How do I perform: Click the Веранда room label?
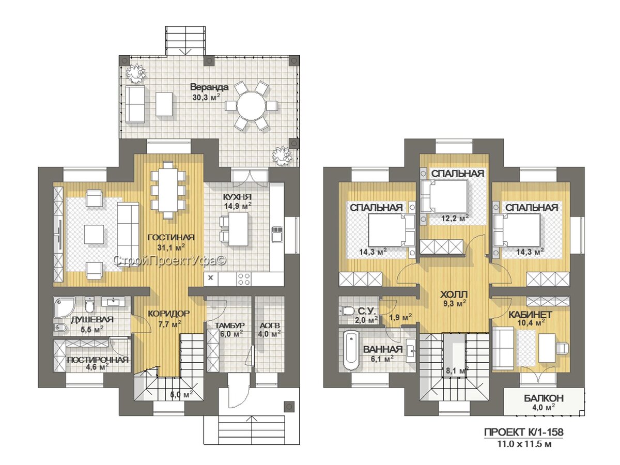coord(209,87)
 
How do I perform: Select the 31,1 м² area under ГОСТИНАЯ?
coord(171,247)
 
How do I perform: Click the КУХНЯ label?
coord(237,197)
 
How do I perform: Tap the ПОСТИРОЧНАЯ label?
coord(98,360)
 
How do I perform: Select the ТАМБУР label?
coord(229,326)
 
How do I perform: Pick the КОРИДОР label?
coord(168,313)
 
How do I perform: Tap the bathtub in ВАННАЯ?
coord(351,350)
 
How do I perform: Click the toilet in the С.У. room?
coord(348,311)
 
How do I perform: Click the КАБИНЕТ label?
coord(530,315)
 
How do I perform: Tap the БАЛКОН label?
coord(544,398)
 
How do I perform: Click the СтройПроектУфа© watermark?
coord(170,260)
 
